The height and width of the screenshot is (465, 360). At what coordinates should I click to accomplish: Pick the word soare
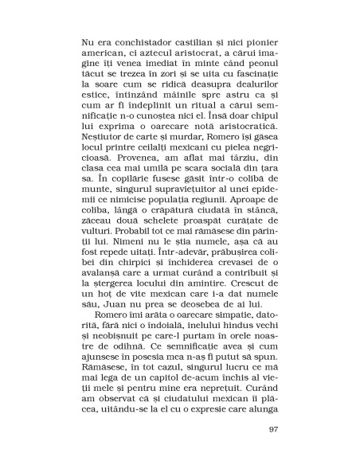coord(108,80)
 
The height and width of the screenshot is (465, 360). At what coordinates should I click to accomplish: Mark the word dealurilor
coord(252,80)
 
